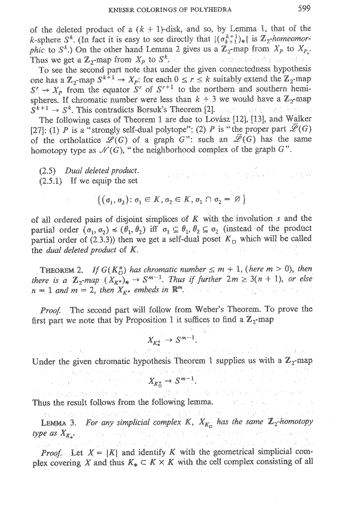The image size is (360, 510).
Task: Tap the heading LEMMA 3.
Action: tap(58, 422)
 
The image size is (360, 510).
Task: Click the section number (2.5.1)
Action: tap(51, 181)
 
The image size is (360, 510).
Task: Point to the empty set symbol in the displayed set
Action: tap(235, 200)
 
